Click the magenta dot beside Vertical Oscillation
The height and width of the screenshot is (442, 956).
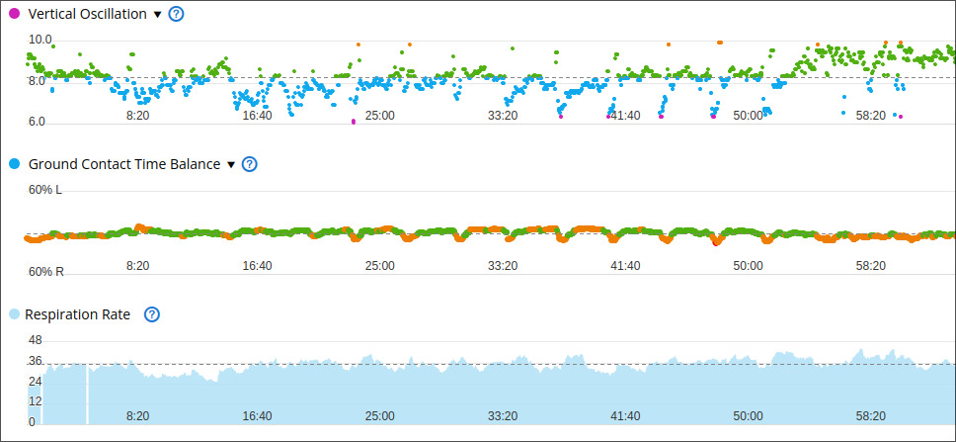click(x=15, y=14)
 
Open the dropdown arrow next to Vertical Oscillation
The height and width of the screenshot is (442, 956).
click(x=157, y=15)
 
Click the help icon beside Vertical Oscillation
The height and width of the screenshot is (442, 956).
click(x=176, y=14)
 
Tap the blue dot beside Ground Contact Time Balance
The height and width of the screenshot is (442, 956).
click(x=15, y=163)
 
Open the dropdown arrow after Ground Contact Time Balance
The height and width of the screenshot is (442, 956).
click(x=230, y=165)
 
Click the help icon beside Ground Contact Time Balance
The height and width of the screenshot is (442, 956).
click(x=250, y=164)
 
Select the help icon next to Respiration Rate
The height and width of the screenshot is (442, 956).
click(x=152, y=315)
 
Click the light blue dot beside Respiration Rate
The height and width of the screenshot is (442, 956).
click(x=15, y=314)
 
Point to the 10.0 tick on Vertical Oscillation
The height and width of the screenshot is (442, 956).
click(x=40, y=40)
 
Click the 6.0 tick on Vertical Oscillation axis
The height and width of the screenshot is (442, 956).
click(x=37, y=122)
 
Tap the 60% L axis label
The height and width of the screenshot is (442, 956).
click(x=45, y=190)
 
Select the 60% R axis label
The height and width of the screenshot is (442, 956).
click(x=45, y=272)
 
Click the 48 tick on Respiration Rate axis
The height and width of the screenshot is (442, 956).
click(x=36, y=341)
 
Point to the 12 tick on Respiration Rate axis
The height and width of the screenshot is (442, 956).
click(x=36, y=401)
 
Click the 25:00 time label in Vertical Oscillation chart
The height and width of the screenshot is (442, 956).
click(x=379, y=116)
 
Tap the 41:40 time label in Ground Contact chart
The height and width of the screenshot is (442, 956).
click(x=625, y=266)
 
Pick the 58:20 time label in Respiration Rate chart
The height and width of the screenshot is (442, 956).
click(x=871, y=416)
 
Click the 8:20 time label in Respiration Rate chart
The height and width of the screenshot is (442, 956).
click(x=138, y=416)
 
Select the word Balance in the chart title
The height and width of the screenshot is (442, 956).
click(x=198, y=164)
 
